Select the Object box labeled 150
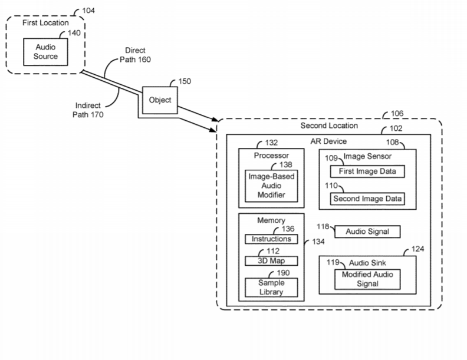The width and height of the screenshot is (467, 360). [160, 100]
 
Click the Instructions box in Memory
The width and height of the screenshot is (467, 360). [271, 239]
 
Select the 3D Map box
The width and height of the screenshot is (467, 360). [271, 260]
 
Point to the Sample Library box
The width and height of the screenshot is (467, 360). [271, 288]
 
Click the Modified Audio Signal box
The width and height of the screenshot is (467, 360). [367, 279]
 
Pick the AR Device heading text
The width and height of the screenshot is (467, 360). [328, 142]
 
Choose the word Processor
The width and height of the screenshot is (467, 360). [271, 155]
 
